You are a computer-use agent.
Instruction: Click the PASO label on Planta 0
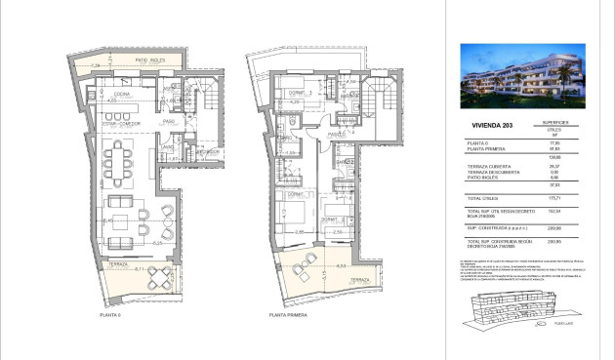(168, 122)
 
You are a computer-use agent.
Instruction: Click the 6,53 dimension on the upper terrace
(341, 265)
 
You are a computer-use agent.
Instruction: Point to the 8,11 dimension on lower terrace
(139, 268)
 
